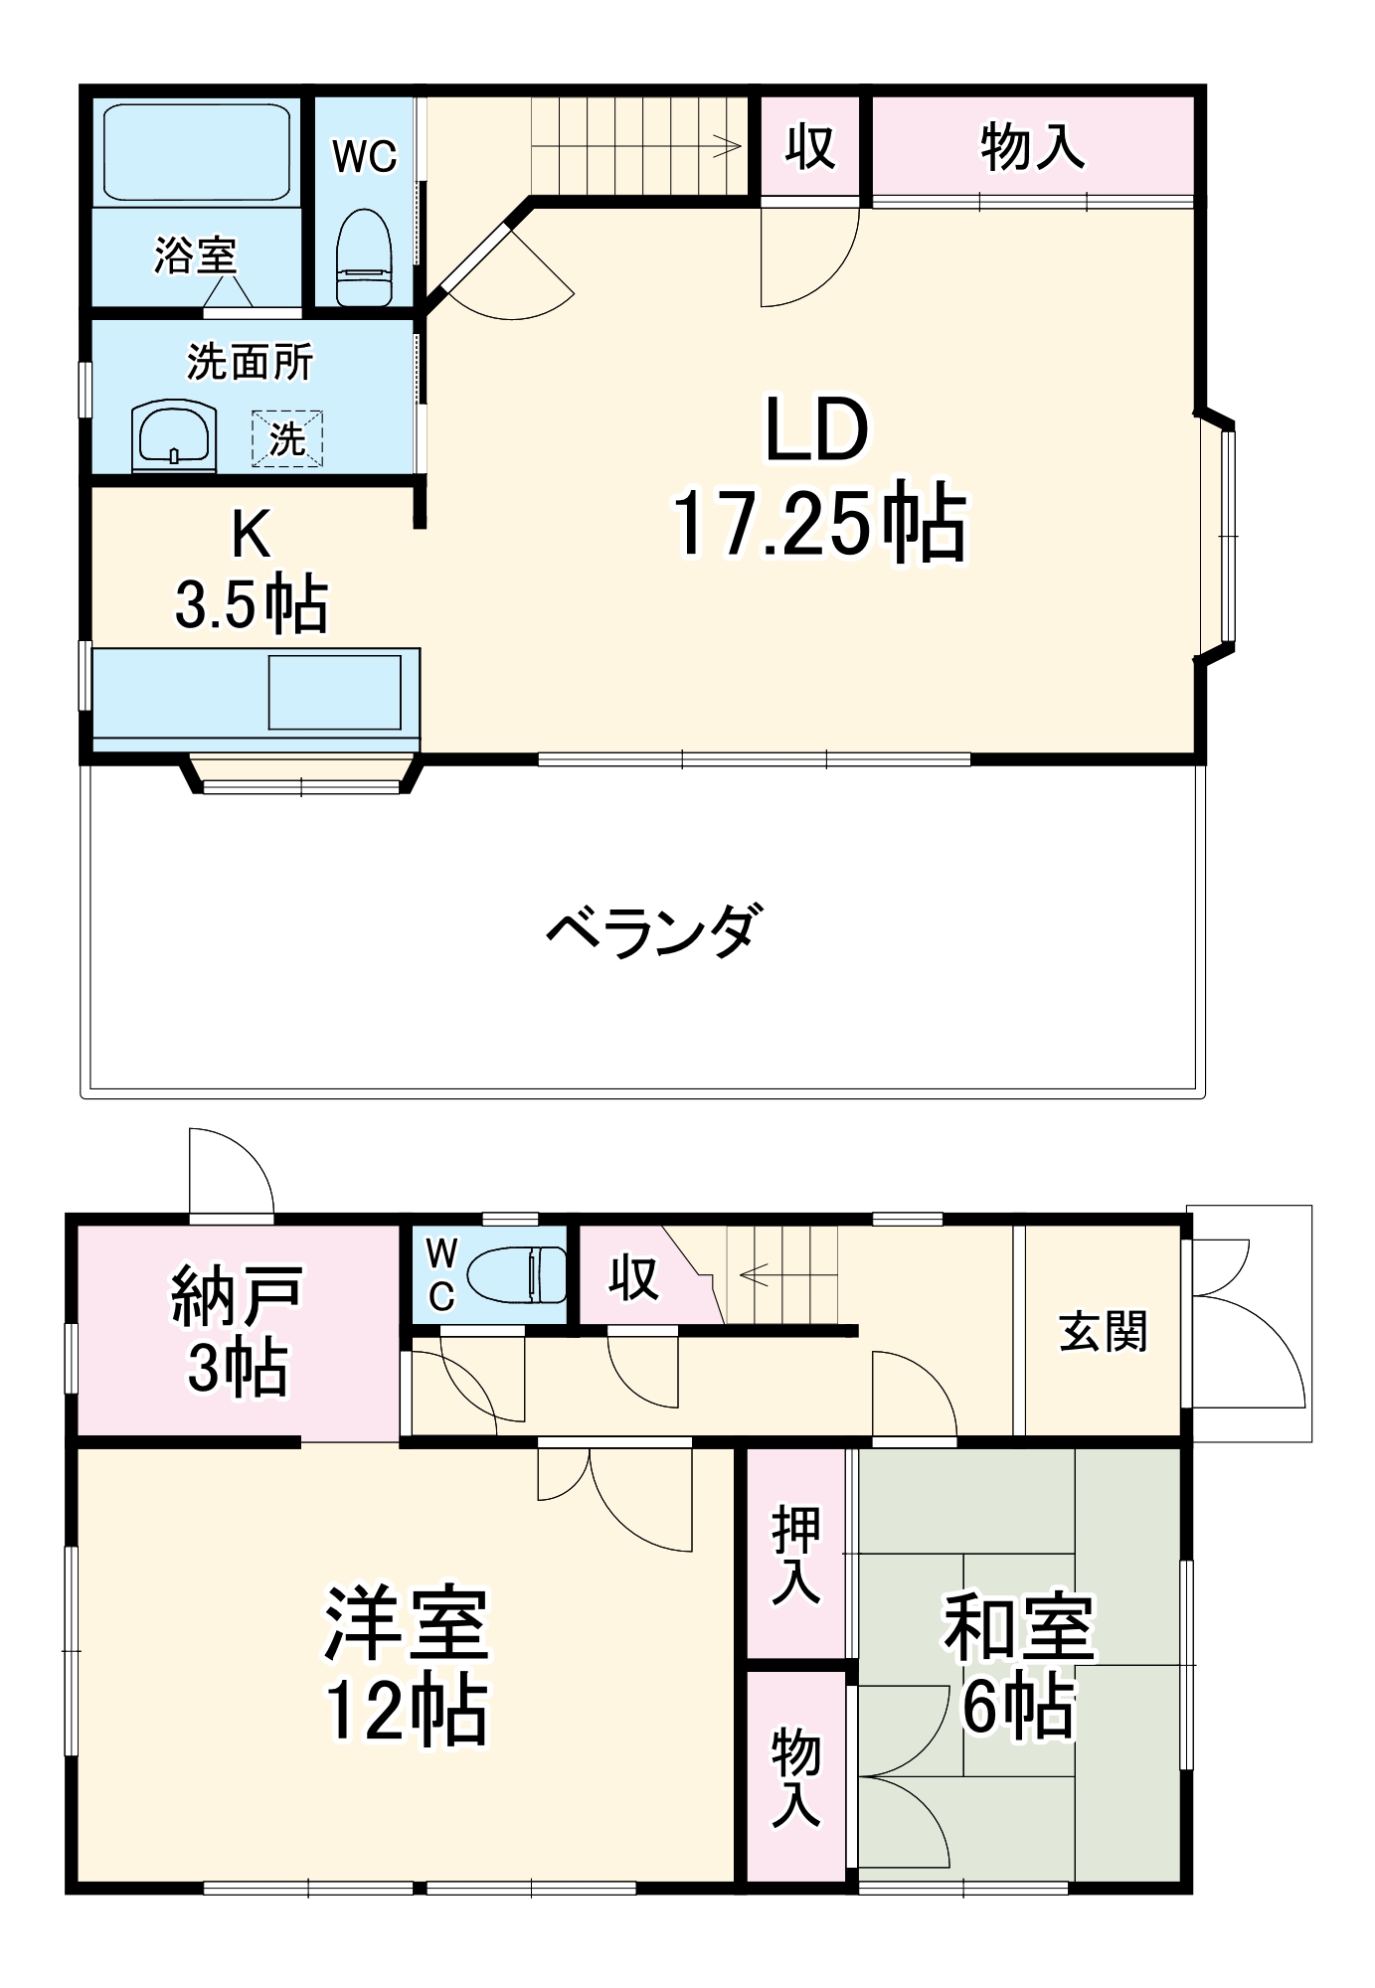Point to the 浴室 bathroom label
(x=195, y=255)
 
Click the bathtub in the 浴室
(x=197, y=152)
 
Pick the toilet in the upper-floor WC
(x=364, y=258)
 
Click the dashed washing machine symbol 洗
(x=287, y=438)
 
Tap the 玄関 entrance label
(x=1103, y=1332)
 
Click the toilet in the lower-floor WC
(x=516, y=1274)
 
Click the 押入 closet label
(x=796, y=1555)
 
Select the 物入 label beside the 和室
(x=796, y=1777)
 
